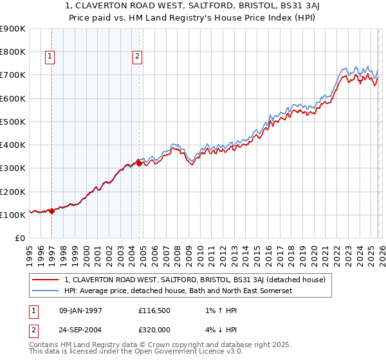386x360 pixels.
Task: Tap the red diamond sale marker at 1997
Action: pos(52,211)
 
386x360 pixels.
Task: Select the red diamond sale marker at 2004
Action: pos(140,163)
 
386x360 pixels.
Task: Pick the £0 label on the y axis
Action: pos(19,239)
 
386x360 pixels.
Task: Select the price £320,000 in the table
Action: pos(154,329)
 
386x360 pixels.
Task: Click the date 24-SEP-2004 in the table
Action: pos(80,329)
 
